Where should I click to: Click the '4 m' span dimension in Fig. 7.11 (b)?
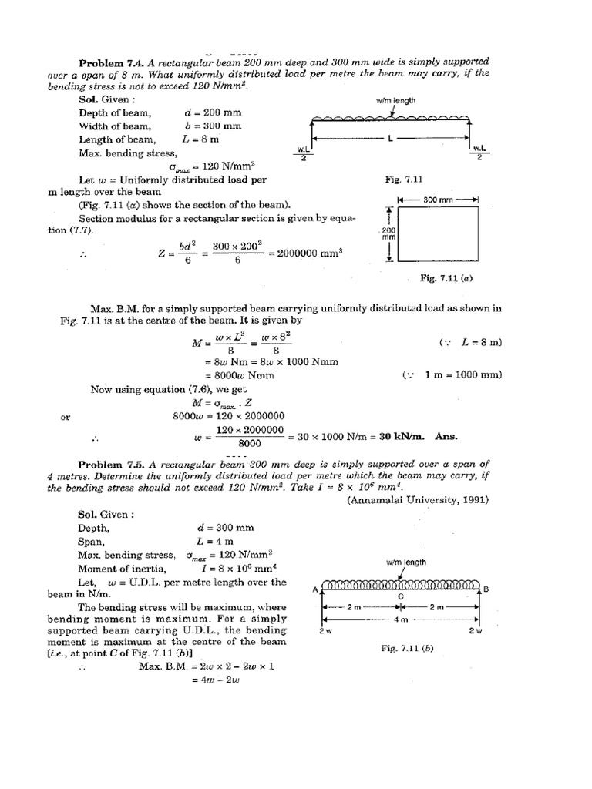[x=398, y=619]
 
